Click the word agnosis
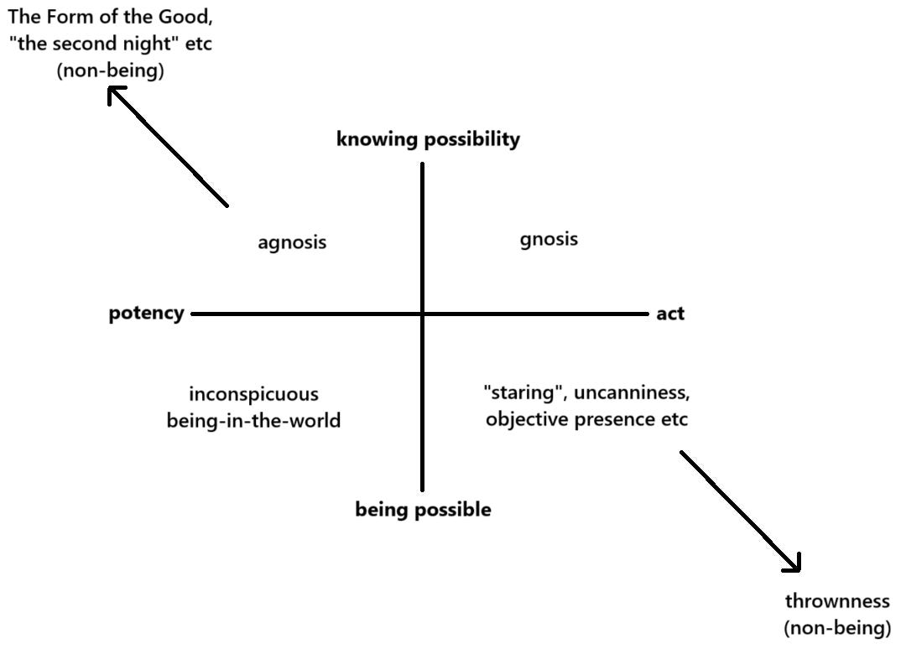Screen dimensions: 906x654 coord(292,243)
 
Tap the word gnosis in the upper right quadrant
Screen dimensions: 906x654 coord(549,240)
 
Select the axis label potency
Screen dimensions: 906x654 coord(146,314)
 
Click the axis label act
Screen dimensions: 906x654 coord(670,314)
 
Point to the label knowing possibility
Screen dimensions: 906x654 coord(428,139)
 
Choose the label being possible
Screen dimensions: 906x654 coord(423,509)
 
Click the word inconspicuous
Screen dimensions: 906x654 coord(253,394)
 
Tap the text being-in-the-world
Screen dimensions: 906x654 coord(253,420)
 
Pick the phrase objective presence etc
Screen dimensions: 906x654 coord(586,419)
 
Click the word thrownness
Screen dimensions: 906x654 coord(836,601)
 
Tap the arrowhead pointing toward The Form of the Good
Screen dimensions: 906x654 coord(117,96)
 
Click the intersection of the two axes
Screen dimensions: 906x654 coord(422,314)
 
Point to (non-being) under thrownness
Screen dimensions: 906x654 coord(836,627)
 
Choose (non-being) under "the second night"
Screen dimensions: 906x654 coord(110,70)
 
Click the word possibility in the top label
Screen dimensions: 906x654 coord(471,139)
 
